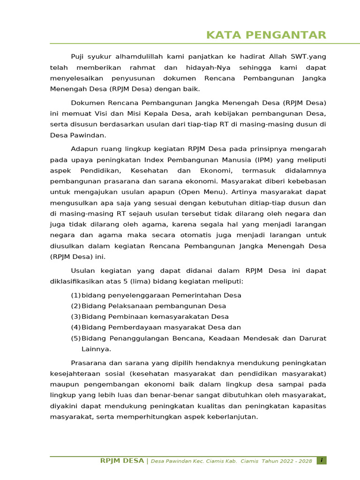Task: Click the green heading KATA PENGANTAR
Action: point(266,35)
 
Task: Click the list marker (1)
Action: point(75,295)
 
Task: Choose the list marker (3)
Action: point(75,317)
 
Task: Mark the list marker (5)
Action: point(75,338)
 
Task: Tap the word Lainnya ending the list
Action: point(96,349)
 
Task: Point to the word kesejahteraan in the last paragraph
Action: point(75,374)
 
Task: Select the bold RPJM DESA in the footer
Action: point(122,461)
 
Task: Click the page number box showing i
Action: point(322,461)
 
